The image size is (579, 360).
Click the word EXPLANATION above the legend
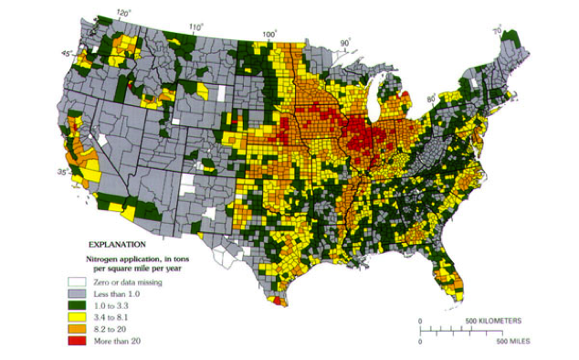click(116, 245)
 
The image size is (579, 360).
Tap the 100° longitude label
click(268, 35)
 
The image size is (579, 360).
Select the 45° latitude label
click(67, 54)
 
